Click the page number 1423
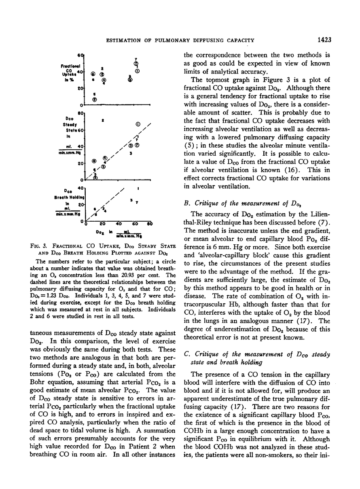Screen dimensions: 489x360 pos(324,40)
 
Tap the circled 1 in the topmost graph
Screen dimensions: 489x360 pos(138,71)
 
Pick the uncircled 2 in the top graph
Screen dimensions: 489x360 pos(102,68)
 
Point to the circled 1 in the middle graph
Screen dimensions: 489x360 pos(138,124)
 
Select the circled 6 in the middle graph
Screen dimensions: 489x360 pos(94,161)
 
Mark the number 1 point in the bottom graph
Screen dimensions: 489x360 pos(139,188)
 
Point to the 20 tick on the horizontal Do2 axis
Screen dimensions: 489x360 pos(102,223)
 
